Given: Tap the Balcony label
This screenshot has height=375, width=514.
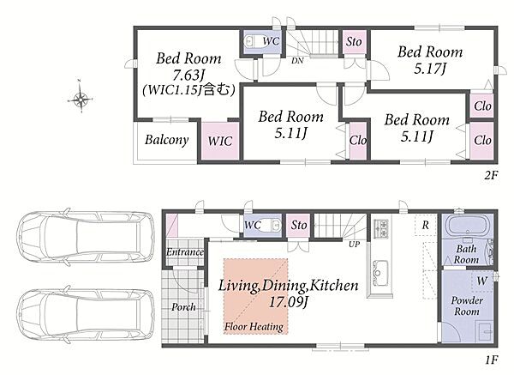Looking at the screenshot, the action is tap(166, 140).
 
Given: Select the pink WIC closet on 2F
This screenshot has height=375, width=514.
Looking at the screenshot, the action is tap(219, 142).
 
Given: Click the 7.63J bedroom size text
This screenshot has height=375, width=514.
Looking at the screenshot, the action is tap(188, 76).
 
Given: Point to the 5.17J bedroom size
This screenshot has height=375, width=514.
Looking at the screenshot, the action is tap(430, 69).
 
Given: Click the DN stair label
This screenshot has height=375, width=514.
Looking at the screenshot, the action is tap(297, 60).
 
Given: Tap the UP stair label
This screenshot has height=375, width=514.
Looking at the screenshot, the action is tap(354, 245).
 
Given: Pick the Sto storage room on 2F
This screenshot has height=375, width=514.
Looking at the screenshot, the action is tap(354, 42).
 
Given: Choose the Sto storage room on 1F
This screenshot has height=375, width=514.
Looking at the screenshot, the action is tap(299, 226).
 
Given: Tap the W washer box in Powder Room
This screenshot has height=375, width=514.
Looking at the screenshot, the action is tap(482, 281).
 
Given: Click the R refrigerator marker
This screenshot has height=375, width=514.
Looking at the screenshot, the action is tap(425, 226).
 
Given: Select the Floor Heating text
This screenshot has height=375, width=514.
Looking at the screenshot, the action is tap(254, 327).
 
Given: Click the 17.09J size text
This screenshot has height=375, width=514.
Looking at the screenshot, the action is tap(289, 302).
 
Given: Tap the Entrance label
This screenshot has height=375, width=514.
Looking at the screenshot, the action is tap(185, 252).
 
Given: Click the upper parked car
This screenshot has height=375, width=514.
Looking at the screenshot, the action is tap(85, 237).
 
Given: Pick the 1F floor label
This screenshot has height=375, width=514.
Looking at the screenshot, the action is tap(492, 360).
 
